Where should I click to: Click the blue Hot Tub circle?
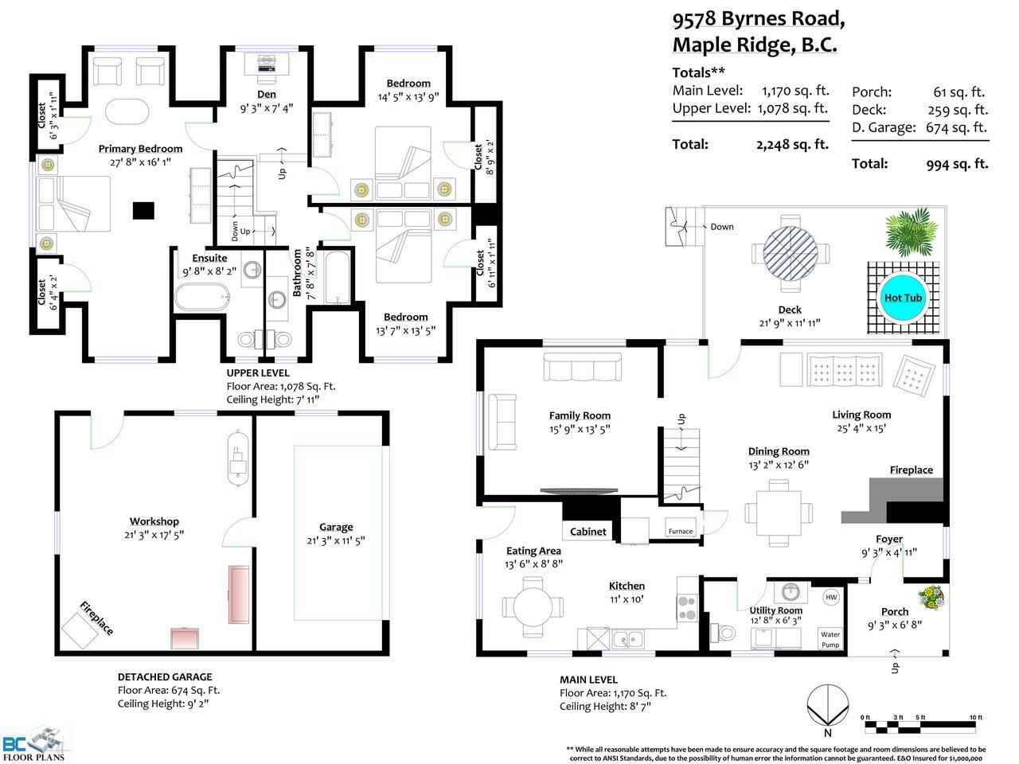pyautogui.click(x=903, y=298)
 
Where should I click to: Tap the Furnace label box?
pyautogui.click(x=680, y=527)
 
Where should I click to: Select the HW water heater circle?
pyautogui.click(x=831, y=597)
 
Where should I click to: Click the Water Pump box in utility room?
pyautogui.click(x=830, y=639)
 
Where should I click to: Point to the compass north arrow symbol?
pyautogui.click(x=828, y=704)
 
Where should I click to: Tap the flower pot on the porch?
pyautogui.click(x=931, y=598)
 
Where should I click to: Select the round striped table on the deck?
pyautogui.click(x=791, y=253)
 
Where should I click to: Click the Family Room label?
pyautogui.click(x=580, y=415)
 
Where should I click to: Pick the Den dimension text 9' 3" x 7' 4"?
pyautogui.click(x=267, y=108)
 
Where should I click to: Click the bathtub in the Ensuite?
pyautogui.click(x=202, y=297)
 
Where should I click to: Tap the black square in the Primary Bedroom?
pyautogui.click(x=143, y=211)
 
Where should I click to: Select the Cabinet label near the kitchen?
pyautogui.click(x=588, y=532)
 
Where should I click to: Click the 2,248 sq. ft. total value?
pyautogui.click(x=792, y=144)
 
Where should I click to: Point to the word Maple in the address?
pyautogui.click(x=703, y=45)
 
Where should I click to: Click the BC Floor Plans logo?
pyautogui.click(x=33, y=746)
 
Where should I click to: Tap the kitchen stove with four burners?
pyautogui.click(x=687, y=608)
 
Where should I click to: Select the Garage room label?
pyautogui.click(x=336, y=527)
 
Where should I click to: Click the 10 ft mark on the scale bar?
pyautogui.click(x=976, y=717)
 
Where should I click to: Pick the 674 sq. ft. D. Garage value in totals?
pyautogui.click(x=956, y=127)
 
